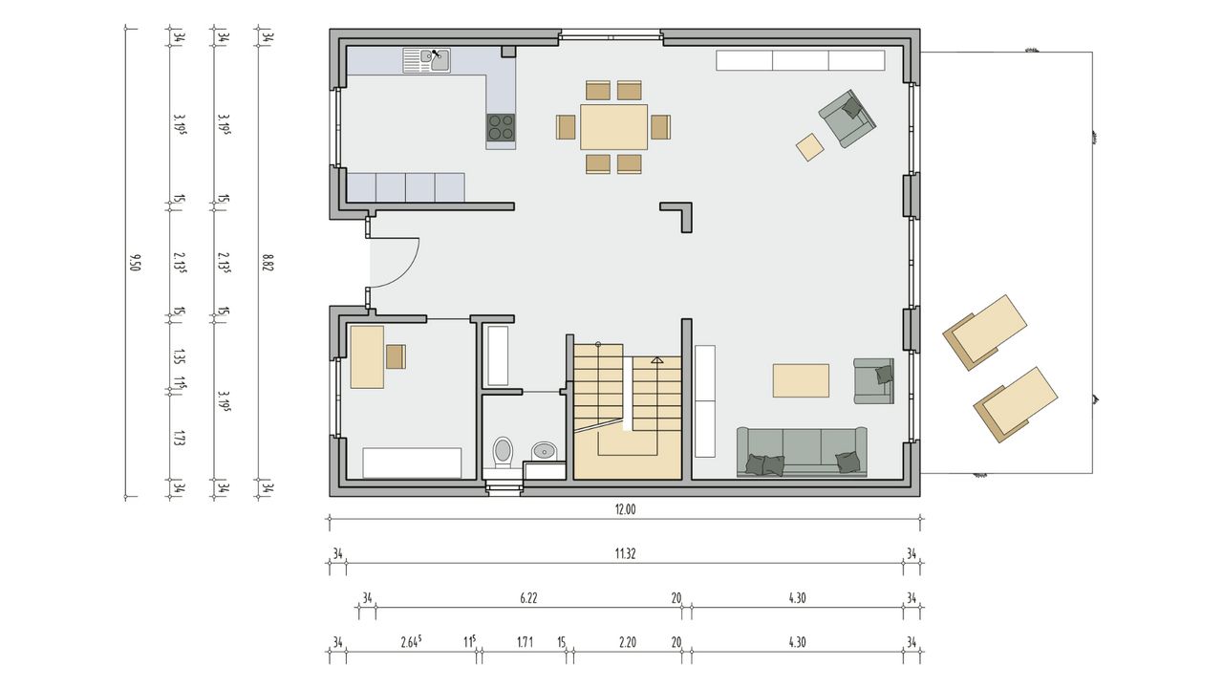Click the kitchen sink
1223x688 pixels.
coord(427,60)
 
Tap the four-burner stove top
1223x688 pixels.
coord(501,127)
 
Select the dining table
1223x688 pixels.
coord(613,127)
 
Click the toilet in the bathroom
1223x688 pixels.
coord(503,453)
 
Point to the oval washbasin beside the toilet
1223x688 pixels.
coord(544,450)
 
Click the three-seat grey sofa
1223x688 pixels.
coord(802,452)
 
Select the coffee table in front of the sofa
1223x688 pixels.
coord(801,380)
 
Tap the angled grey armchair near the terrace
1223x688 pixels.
coord(847,118)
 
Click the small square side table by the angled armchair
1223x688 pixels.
coord(810,147)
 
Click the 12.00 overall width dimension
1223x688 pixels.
coord(625,509)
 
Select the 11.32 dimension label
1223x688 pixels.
coord(625,553)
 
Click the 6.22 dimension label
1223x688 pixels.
coord(528,598)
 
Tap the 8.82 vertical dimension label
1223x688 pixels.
coord(268,263)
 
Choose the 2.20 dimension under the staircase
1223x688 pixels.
coord(628,643)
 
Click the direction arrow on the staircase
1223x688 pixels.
coord(656,360)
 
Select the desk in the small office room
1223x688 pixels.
coord(367,357)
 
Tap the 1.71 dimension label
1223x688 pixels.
coord(525,643)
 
